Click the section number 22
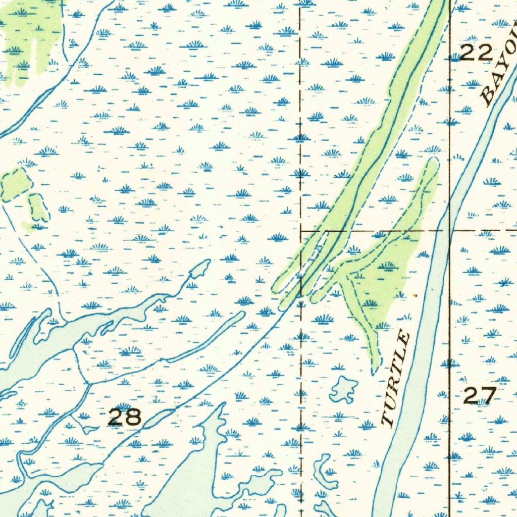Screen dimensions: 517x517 [476, 52]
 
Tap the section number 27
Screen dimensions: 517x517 [480, 395]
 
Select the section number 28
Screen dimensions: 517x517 [125, 417]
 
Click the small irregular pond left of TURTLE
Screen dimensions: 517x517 [344, 389]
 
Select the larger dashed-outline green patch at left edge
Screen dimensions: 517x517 [15, 184]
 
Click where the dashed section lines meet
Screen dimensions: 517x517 [301, 230]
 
